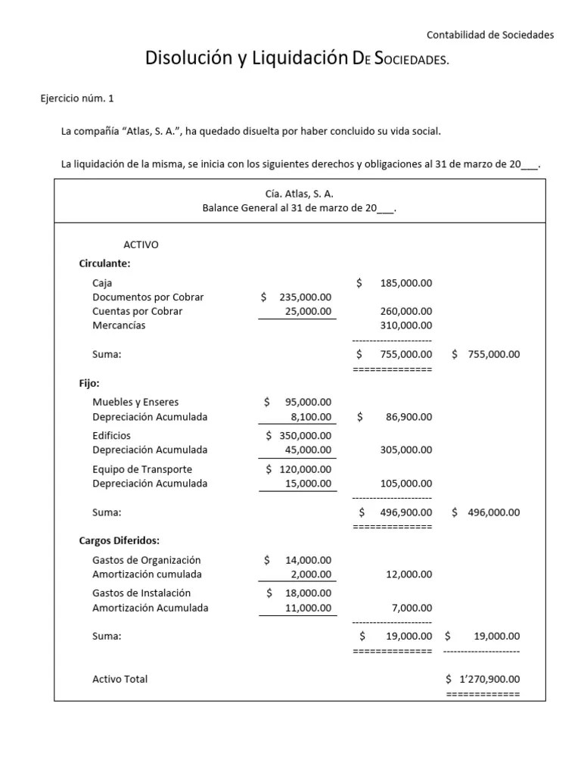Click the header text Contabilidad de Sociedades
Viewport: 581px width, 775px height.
click(490, 35)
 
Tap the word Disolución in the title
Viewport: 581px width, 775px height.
click(191, 58)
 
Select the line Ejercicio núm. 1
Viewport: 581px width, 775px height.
click(77, 98)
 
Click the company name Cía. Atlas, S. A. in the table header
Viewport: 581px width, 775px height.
click(299, 194)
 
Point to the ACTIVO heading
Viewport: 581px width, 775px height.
click(141, 244)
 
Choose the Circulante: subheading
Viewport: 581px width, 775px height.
click(104, 263)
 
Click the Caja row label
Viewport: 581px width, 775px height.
click(102, 283)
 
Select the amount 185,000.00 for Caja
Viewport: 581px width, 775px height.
click(405, 283)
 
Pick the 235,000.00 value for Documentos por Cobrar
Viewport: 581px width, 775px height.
click(305, 297)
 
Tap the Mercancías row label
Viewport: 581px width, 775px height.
click(119, 325)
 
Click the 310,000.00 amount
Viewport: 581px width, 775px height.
click(405, 325)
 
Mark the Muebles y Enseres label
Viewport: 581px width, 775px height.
click(135, 402)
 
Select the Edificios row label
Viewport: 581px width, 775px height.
click(111, 435)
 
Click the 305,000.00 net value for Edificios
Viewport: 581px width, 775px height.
click(405, 450)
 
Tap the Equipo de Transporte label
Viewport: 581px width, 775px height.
click(142, 469)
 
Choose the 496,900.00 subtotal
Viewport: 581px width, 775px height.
click(405, 512)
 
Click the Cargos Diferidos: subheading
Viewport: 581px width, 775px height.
click(119, 540)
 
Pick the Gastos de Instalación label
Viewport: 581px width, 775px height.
click(141, 593)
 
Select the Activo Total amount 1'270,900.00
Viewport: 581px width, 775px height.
click(489, 680)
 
